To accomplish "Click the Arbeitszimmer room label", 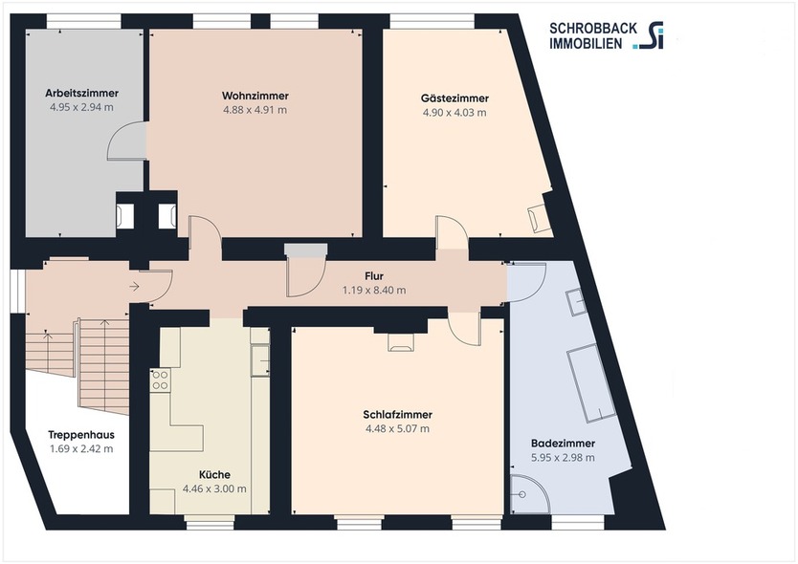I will (x=81, y=94).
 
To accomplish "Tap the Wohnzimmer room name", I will (x=255, y=96).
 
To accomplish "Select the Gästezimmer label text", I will (x=454, y=98).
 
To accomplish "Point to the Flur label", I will (x=374, y=276).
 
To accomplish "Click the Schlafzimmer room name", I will (x=397, y=415).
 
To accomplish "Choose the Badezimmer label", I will (x=563, y=444).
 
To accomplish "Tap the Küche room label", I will (x=214, y=474).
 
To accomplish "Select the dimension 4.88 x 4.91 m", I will (x=255, y=110).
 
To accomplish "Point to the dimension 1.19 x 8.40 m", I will (x=374, y=290).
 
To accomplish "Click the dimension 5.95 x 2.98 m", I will (x=563, y=458).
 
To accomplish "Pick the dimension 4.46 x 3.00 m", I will (x=214, y=488).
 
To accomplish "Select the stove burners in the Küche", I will (x=160, y=380).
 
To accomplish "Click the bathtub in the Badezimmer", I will (x=590, y=382).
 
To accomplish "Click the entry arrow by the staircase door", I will (x=133, y=285).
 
